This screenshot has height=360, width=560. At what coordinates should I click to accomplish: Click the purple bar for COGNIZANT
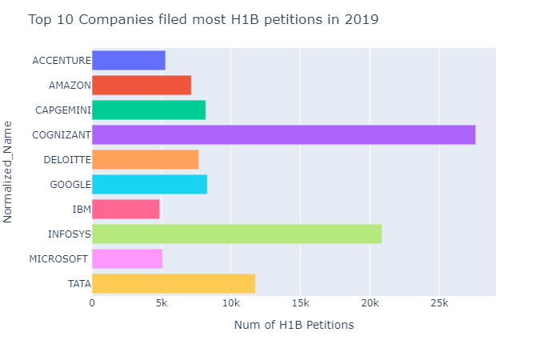click(x=284, y=134)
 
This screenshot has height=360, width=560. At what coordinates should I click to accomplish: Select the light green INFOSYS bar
click(x=237, y=234)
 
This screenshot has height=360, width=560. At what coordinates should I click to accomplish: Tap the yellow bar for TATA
click(x=174, y=283)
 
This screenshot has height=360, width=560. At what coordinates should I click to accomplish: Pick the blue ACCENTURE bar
click(x=129, y=61)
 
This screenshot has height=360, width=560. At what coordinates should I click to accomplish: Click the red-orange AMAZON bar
click(x=142, y=85)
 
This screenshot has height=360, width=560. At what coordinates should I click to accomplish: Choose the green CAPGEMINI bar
click(x=149, y=110)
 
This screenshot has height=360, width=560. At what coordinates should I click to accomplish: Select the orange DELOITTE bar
click(x=146, y=159)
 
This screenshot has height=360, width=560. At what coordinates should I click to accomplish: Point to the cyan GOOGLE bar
click(x=150, y=184)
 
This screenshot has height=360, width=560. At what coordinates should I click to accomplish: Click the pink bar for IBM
click(x=126, y=209)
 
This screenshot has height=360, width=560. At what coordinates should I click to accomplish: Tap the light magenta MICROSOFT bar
click(x=127, y=258)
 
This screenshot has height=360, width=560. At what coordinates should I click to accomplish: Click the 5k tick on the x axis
click(x=162, y=304)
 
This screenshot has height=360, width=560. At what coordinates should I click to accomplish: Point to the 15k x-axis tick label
click(x=300, y=304)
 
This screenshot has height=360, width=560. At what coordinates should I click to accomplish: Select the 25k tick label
click(x=438, y=304)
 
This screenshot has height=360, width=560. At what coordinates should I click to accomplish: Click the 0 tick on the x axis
click(x=93, y=304)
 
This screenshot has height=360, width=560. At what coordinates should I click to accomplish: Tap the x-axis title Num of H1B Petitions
click(x=294, y=326)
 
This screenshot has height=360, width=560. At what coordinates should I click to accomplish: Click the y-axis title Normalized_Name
click(x=8, y=171)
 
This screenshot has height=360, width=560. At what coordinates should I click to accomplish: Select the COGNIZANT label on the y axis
click(x=61, y=135)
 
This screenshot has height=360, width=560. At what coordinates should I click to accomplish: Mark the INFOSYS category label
click(x=68, y=234)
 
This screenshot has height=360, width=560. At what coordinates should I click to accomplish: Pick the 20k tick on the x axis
click(x=369, y=304)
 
